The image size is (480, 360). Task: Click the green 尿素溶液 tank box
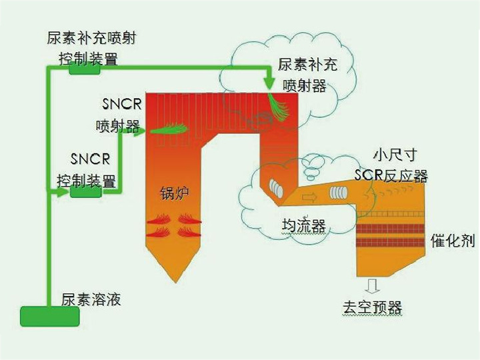coord(49,316)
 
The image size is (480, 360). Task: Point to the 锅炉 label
coord(174,194)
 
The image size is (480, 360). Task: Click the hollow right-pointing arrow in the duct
coord(309,197)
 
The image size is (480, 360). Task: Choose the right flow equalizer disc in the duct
coord(339,192)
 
